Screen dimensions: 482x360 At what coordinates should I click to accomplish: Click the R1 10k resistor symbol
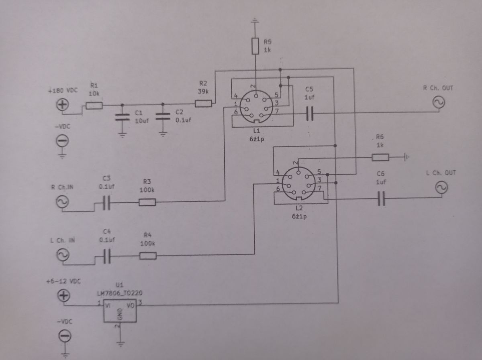tap(94, 106)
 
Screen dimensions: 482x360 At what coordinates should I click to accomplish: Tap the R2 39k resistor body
tap(204, 104)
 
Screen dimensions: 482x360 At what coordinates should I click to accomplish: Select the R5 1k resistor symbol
tap(255, 46)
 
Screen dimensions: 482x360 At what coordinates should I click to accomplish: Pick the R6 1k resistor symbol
tap(380, 157)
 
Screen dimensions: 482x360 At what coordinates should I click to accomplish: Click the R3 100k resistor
tap(147, 202)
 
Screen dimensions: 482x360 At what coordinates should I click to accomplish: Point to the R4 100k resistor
tap(148, 256)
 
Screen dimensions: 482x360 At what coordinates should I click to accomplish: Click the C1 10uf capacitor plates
tap(123, 117)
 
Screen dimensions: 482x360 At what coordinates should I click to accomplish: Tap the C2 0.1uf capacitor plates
tap(163, 116)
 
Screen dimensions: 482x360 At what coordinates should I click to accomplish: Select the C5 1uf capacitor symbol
tap(310, 114)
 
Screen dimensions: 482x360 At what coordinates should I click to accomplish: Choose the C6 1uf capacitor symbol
tap(382, 199)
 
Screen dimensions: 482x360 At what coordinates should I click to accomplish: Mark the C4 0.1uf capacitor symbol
tap(107, 256)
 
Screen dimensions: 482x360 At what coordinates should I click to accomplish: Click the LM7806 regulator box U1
tap(120, 311)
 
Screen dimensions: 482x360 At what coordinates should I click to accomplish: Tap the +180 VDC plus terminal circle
tap(63, 105)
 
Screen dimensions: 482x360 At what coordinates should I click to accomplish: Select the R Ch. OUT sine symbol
tap(439, 102)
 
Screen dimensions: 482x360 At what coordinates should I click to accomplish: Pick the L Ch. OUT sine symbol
tap(441, 187)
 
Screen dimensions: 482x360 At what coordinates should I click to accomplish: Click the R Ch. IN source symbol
tap(63, 202)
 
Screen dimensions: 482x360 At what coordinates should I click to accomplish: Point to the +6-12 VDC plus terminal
tap(64, 295)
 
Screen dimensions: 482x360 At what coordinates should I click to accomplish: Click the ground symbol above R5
tap(255, 21)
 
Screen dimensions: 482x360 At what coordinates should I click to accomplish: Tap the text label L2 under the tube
tap(299, 208)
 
